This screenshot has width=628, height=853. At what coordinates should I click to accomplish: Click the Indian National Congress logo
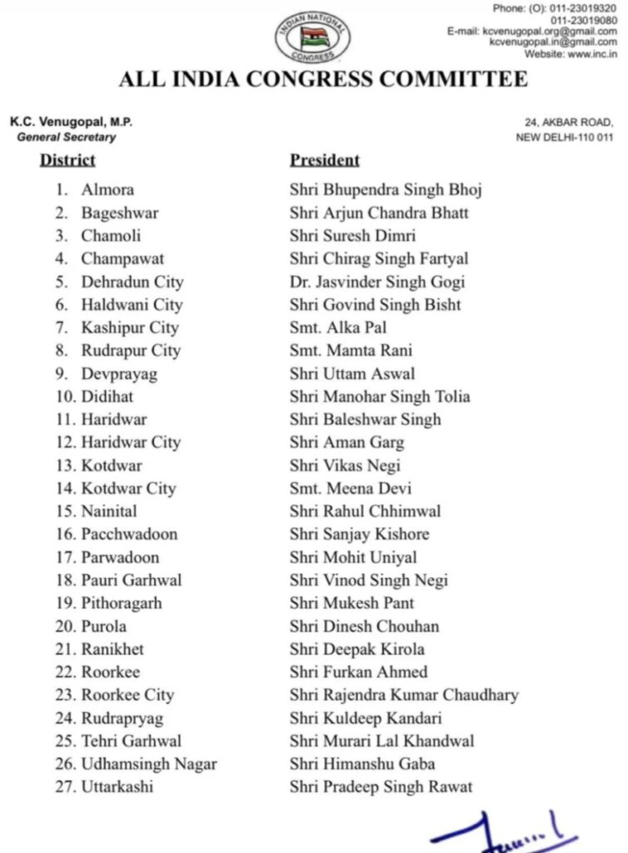click(x=312, y=36)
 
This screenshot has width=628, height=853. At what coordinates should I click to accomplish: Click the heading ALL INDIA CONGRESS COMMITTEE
click(x=323, y=79)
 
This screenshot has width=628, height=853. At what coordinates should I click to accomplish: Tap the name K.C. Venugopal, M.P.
click(x=72, y=122)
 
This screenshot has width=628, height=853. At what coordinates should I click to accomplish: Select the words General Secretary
click(x=67, y=137)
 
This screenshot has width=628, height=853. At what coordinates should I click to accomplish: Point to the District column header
click(x=67, y=160)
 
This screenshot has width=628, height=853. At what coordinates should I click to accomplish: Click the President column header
click(x=325, y=160)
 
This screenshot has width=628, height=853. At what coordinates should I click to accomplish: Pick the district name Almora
click(x=107, y=190)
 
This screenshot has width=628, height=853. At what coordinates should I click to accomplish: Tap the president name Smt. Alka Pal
click(x=338, y=327)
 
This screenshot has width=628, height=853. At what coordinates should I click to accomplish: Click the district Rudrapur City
click(x=131, y=351)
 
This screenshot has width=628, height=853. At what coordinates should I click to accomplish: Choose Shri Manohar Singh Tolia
click(x=380, y=397)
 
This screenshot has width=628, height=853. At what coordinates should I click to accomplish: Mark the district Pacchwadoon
click(x=129, y=534)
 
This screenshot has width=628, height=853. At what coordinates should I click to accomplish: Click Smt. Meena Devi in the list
click(x=351, y=488)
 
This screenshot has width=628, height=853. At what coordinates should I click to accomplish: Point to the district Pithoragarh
click(x=122, y=603)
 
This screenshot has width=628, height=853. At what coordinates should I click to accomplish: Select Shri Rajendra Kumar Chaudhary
click(x=404, y=695)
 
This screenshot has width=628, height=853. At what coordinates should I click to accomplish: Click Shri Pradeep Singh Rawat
click(x=381, y=786)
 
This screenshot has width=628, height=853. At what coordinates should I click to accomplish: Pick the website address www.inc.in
click(x=591, y=54)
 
